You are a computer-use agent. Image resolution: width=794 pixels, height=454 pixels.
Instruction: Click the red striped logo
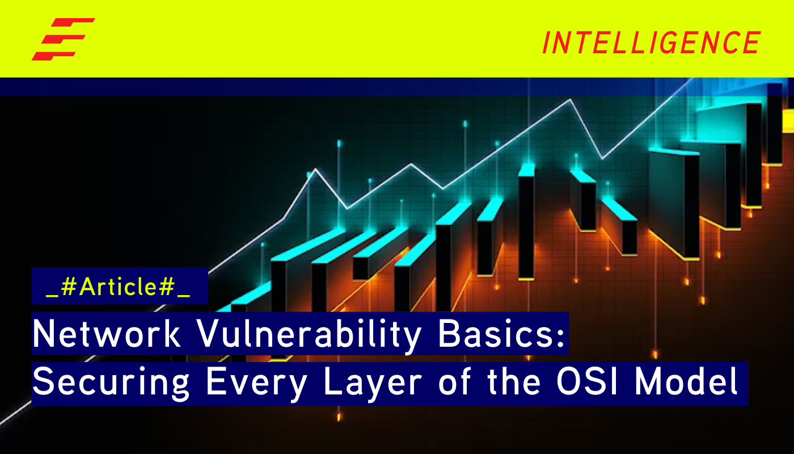[62, 39]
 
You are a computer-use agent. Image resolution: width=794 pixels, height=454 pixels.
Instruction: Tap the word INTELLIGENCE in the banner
[651, 43]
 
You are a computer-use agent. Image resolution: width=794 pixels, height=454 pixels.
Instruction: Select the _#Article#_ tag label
[119, 287]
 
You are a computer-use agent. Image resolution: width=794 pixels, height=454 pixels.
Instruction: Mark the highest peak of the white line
[571, 100]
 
